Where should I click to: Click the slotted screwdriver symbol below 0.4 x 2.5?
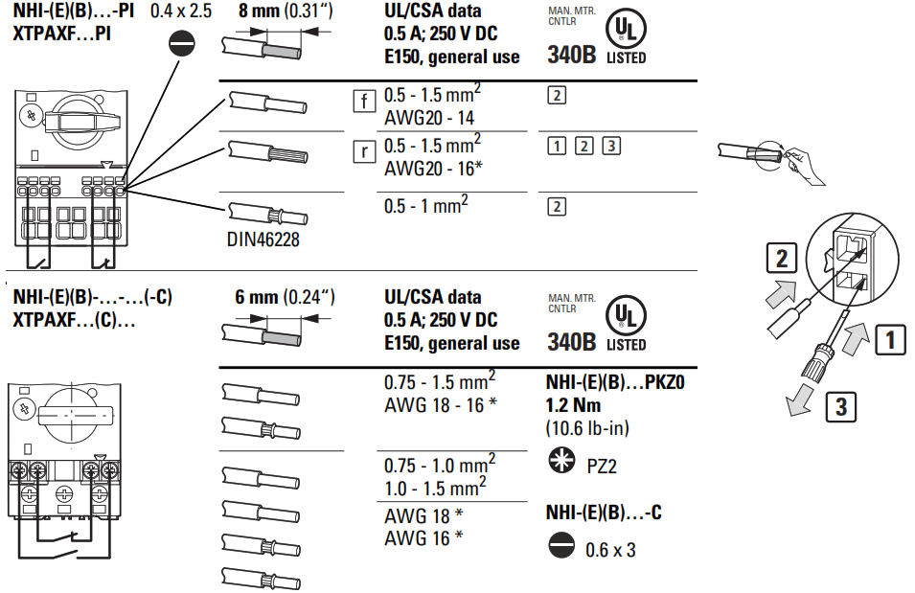[x=182, y=44]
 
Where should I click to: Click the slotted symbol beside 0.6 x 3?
[x=559, y=548]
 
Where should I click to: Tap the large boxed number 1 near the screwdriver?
[x=890, y=338]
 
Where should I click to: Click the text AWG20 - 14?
[x=430, y=119]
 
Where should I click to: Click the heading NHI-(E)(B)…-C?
[x=603, y=513]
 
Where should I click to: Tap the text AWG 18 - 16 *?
[x=440, y=402]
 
